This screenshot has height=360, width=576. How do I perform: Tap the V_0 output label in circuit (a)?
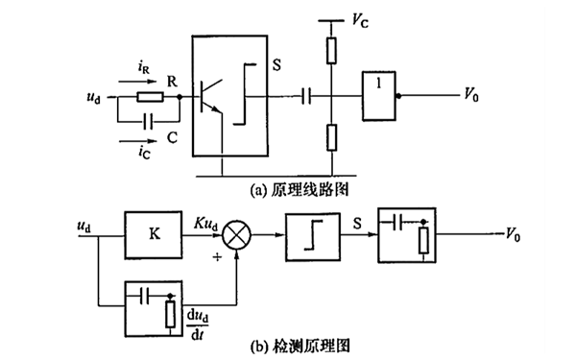[x=473, y=96]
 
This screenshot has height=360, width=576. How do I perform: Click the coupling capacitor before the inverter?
[x=305, y=96]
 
